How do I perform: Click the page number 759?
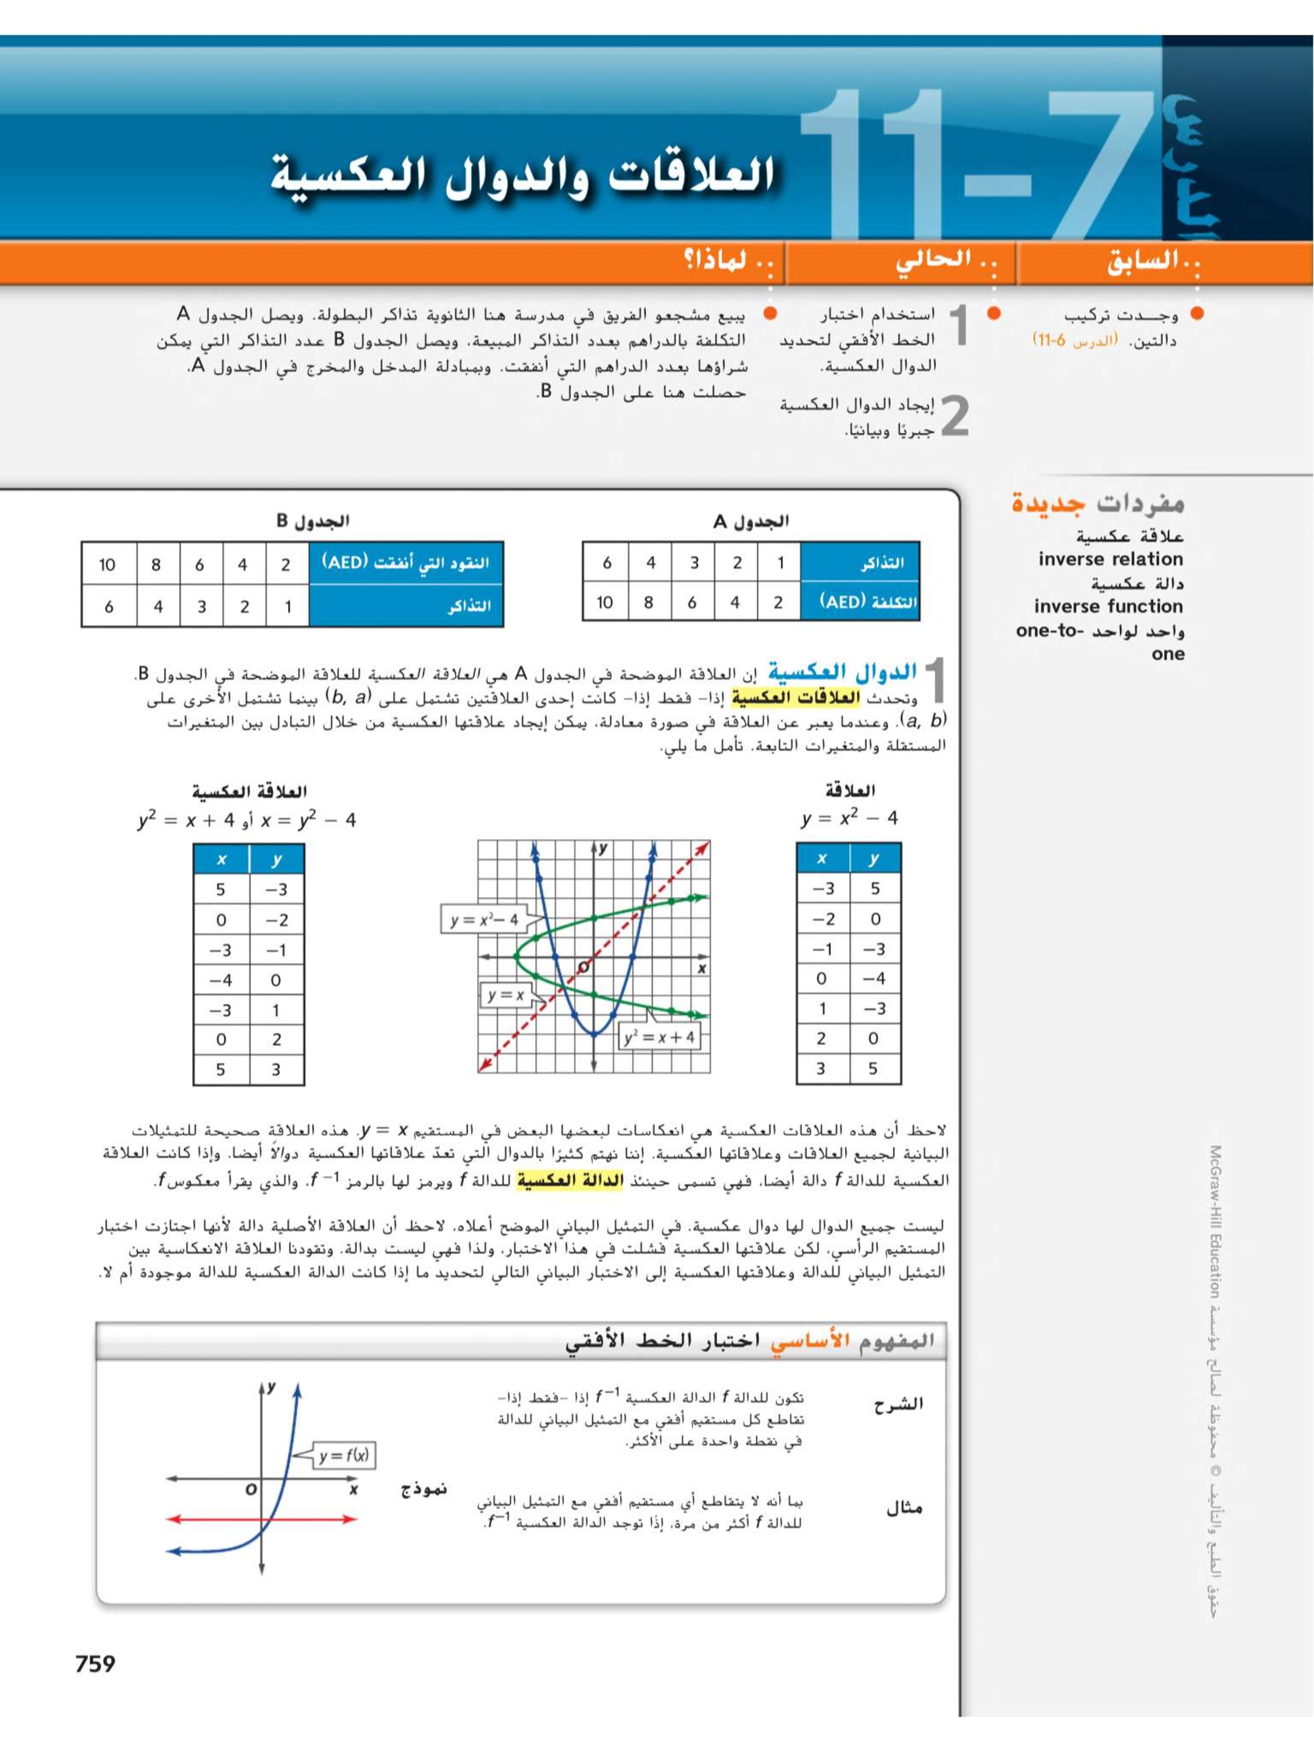(x=95, y=1663)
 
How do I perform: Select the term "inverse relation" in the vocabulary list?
(x=1110, y=559)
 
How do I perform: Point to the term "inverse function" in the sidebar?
(x=1108, y=607)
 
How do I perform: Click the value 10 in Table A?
(x=605, y=603)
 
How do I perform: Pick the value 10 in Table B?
(x=107, y=565)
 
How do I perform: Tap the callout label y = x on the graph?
(x=505, y=995)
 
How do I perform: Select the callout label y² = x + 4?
(x=659, y=1037)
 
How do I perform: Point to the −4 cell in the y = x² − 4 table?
(x=874, y=979)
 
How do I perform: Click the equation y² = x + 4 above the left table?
(x=187, y=820)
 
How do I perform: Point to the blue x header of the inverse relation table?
(x=221, y=859)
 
